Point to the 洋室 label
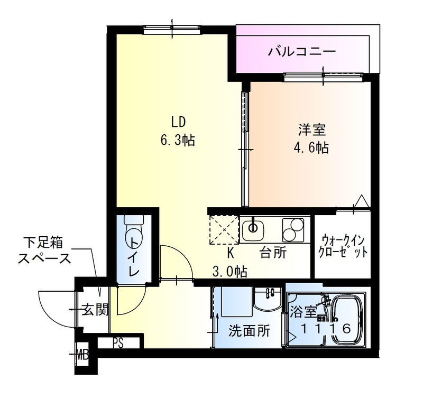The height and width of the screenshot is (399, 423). click(x=310, y=129)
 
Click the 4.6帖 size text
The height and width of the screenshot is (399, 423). click(x=310, y=148)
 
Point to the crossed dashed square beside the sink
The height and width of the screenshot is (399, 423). click(x=224, y=229)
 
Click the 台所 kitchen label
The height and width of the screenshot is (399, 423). click(x=273, y=253)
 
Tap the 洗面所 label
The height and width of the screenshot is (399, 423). click(x=249, y=331)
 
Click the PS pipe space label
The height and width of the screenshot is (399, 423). click(x=117, y=342)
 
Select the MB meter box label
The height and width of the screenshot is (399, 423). click(x=82, y=351)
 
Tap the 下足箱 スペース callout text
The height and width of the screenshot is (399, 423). click(x=45, y=251)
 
